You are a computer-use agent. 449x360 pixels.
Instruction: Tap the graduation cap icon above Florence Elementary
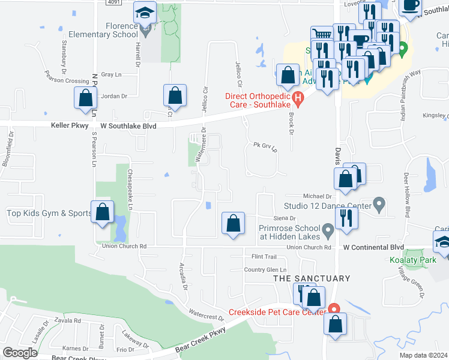point(145,13)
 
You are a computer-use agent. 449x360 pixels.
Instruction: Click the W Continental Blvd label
point(373,247)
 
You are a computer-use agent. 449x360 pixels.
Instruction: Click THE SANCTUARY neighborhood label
point(312,278)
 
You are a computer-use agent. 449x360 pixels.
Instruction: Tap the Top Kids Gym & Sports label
point(49,213)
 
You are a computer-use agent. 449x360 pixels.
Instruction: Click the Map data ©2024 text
point(423,355)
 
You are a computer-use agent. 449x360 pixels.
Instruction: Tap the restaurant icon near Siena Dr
point(346,217)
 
